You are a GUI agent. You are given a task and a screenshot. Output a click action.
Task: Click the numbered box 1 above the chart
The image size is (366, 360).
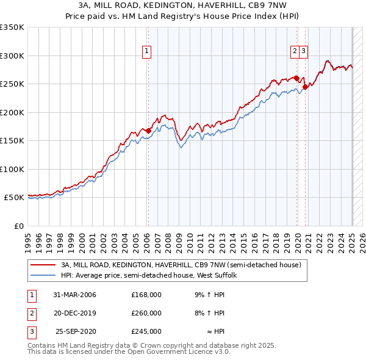(x=148, y=51)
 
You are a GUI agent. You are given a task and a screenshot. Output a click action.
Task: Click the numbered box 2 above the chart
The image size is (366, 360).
(x=295, y=51)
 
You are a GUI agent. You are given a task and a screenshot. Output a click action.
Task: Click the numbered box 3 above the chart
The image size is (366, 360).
(x=303, y=51)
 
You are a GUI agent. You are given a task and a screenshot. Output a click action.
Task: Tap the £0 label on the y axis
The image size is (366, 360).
(x=18, y=226)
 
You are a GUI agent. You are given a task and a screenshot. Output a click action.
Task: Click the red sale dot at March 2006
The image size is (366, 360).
(x=148, y=131)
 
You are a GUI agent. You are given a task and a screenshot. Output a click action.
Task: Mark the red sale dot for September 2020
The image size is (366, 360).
(x=305, y=87)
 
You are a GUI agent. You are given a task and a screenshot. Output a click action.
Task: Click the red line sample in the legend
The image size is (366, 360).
(x=43, y=265)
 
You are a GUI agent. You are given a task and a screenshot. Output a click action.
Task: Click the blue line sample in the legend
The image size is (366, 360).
(x=43, y=276)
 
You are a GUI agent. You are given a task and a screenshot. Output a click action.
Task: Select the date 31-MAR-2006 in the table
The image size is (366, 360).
(x=75, y=295)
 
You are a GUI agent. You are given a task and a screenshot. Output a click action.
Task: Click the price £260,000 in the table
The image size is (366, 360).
(x=146, y=313)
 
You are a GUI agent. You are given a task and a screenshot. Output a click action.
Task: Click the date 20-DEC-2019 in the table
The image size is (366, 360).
(x=75, y=313)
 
